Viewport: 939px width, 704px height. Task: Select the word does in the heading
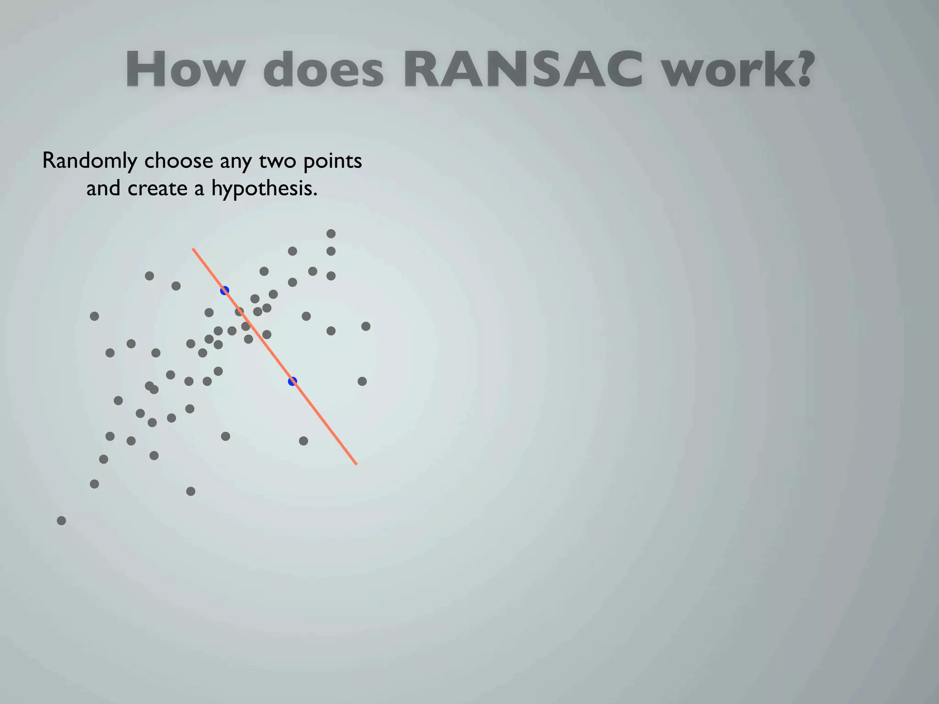pos(323,70)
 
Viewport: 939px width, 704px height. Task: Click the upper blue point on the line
pos(225,291)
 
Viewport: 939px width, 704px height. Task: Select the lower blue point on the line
pos(293,381)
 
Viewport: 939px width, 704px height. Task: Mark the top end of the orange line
pos(193,249)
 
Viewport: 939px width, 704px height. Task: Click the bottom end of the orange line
pos(356,464)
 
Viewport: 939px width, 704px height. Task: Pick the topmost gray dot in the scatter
pos(331,234)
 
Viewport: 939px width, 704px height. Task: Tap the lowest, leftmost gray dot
pos(61,521)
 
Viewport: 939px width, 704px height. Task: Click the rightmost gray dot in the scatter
pos(366,326)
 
